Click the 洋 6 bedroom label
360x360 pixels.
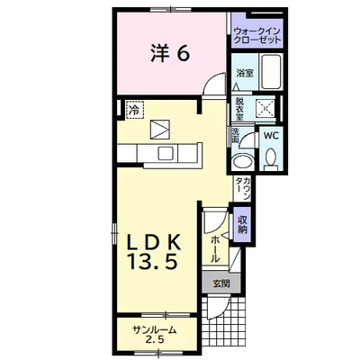click(170, 54)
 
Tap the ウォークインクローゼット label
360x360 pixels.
click(257, 35)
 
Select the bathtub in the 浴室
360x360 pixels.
click(271, 71)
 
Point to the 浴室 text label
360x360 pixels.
click(245, 73)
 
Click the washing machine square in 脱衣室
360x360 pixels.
click(265, 107)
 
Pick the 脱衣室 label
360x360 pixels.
click(239, 109)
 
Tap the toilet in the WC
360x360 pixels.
click(272, 159)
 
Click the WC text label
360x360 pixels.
click(271, 136)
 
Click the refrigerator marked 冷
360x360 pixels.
click(135, 110)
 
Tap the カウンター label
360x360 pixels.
click(243, 189)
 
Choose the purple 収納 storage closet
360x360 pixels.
click(242, 225)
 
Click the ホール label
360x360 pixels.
click(215, 248)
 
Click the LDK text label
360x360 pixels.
click(154, 242)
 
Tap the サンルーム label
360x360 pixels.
click(154, 330)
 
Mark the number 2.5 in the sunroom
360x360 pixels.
click(155, 340)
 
